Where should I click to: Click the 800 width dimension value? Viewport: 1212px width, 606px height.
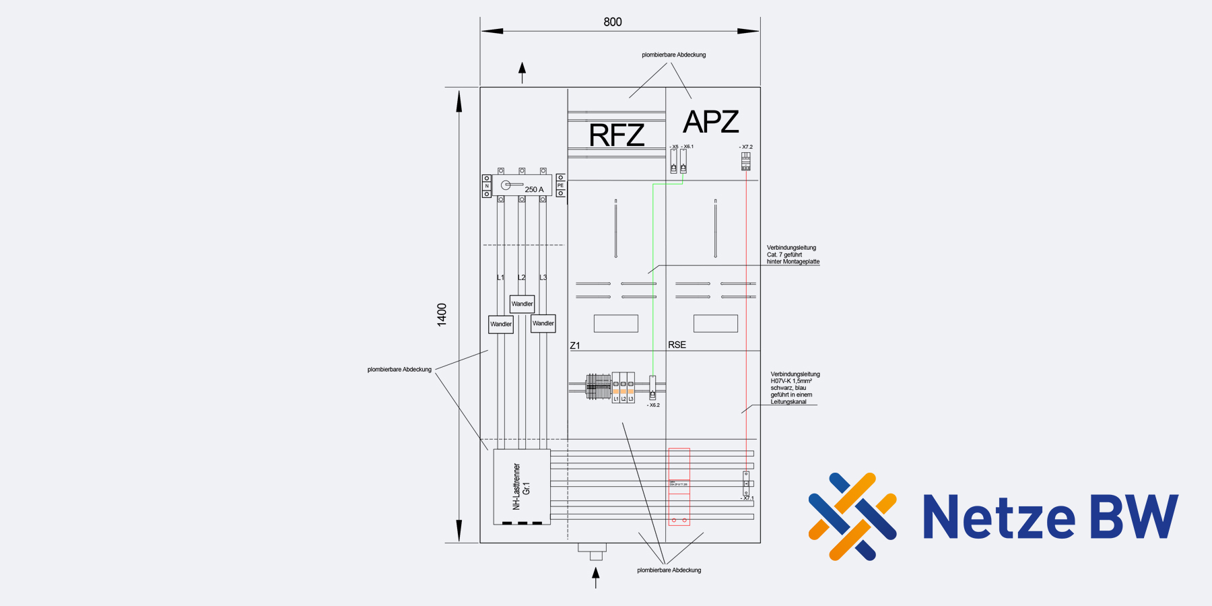tap(613, 22)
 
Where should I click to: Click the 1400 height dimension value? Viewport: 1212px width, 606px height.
tap(442, 314)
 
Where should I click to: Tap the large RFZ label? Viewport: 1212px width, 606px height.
tap(617, 135)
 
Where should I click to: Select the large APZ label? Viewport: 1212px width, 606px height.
tap(711, 122)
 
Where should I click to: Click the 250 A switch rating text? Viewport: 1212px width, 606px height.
tap(534, 190)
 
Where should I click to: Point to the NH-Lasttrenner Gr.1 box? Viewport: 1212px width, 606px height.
tap(522, 486)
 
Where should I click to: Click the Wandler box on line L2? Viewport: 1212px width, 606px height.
tap(522, 304)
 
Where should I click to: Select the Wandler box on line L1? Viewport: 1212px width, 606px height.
tap(501, 325)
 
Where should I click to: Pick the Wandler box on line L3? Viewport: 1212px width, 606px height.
tap(543, 323)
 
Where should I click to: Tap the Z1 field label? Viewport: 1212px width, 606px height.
tap(575, 345)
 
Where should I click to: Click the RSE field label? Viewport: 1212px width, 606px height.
tap(677, 345)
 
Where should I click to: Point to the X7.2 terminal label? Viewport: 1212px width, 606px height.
tap(746, 147)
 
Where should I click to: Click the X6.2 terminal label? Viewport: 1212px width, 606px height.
tap(654, 405)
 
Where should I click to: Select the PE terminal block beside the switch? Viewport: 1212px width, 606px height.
tap(560, 185)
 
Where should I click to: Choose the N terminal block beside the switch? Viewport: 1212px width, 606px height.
tap(487, 186)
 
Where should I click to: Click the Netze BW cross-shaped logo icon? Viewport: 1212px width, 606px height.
tap(852, 516)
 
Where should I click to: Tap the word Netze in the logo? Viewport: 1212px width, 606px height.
tap(999, 518)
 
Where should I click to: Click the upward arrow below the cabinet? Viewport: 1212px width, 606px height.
tap(595, 577)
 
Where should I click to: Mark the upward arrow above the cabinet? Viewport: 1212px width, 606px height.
tap(522, 72)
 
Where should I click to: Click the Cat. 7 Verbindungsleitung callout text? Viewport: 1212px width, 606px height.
tap(793, 255)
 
